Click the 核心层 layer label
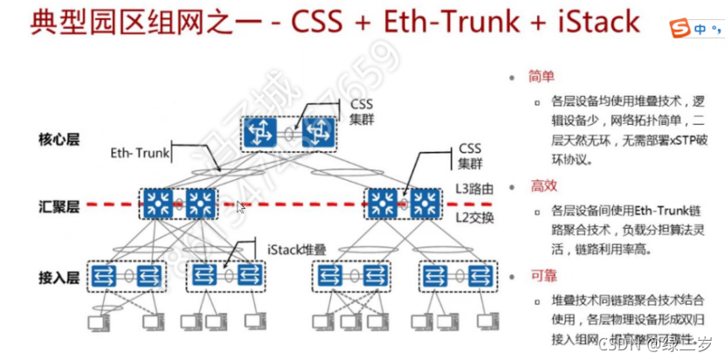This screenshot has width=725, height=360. click(59, 138)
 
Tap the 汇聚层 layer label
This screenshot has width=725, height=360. click(59, 207)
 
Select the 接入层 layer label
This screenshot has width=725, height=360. click(59, 277)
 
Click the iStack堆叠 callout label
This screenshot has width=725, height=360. click(294, 250)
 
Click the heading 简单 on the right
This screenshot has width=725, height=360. click(542, 77)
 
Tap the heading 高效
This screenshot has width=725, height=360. click(542, 186)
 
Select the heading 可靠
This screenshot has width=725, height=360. click(542, 276)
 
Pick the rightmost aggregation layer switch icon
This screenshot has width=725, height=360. click(426, 204)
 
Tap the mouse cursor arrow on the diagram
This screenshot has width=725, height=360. click(242, 207)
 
